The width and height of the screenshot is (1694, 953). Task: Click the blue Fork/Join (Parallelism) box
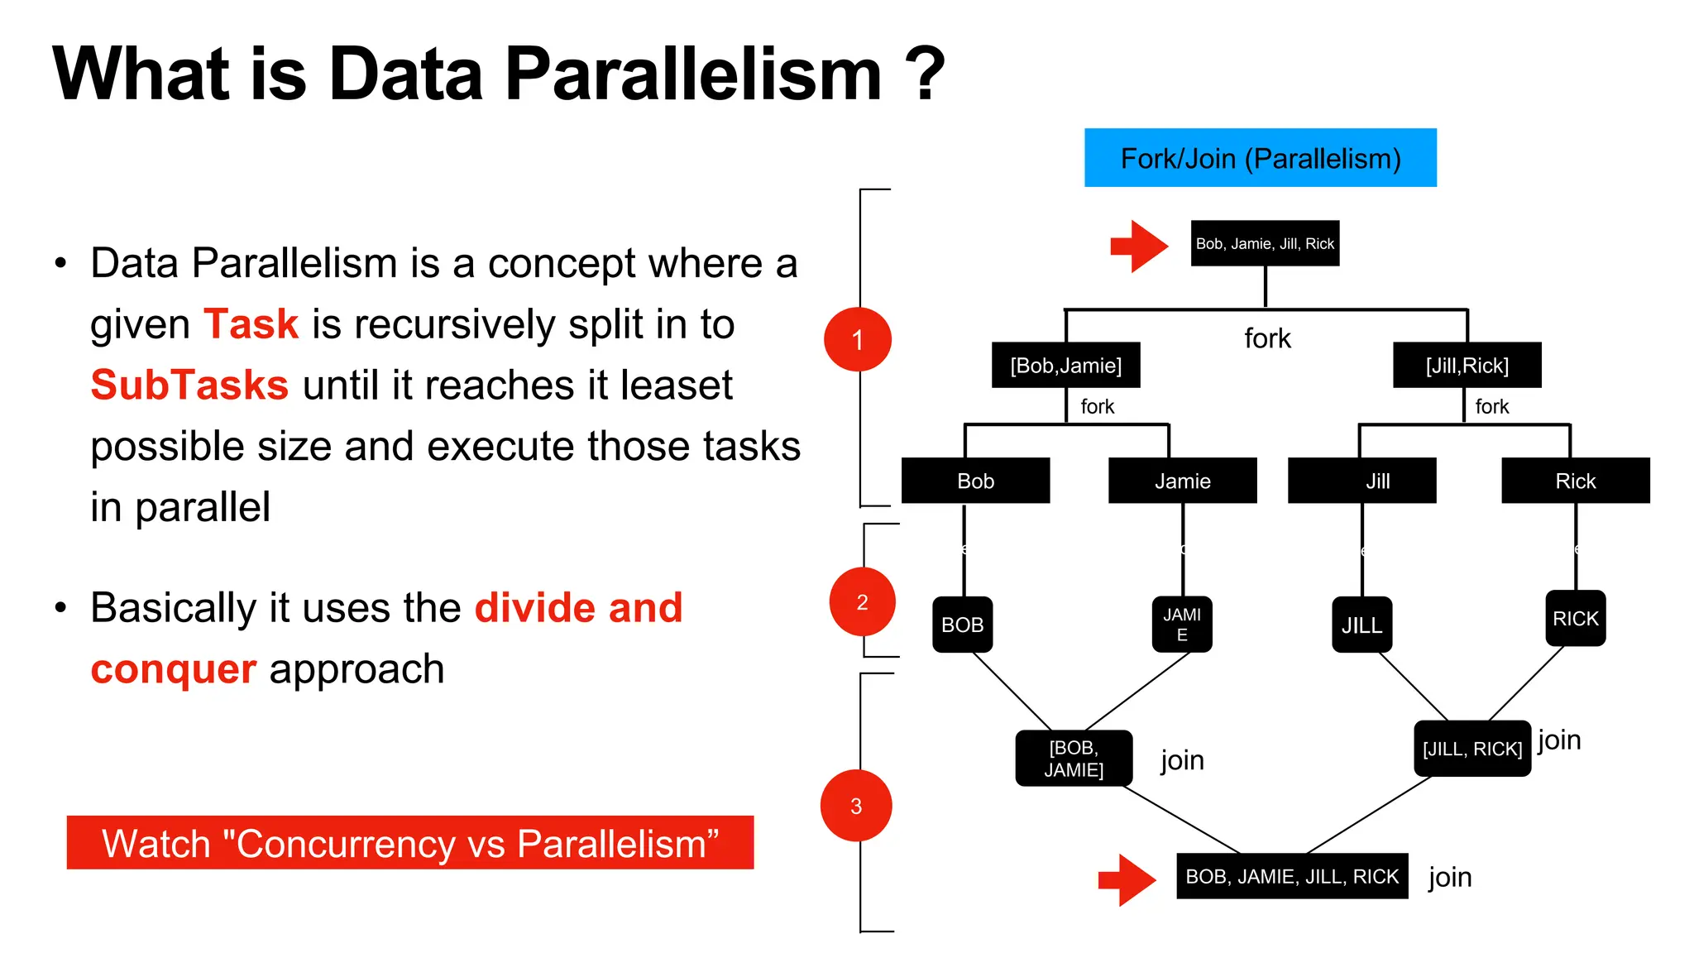point(1260,157)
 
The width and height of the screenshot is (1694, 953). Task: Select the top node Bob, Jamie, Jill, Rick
point(1265,243)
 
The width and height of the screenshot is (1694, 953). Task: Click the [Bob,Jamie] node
point(1065,365)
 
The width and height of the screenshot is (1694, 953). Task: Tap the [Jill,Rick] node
point(1467,365)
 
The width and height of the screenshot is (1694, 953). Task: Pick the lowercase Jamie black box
point(1182,481)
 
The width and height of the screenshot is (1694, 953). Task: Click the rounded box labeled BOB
point(962,625)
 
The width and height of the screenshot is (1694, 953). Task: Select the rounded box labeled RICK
point(1575,618)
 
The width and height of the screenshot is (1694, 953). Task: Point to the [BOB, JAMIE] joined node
point(1074,759)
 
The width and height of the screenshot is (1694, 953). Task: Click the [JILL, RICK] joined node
point(1471,749)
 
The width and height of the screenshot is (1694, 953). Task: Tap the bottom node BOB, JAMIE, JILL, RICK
point(1291,876)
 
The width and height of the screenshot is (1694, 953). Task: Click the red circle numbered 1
point(858,339)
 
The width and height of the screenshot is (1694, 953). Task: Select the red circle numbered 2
point(862,602)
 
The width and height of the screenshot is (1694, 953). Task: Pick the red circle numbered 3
point(856,806)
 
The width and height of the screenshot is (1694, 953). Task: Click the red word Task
point(251,323)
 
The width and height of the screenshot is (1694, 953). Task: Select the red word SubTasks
point(189,385)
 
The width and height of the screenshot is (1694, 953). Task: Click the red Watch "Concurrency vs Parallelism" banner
point(409,843)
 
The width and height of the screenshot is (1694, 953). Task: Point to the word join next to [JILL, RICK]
point(1559,740)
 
